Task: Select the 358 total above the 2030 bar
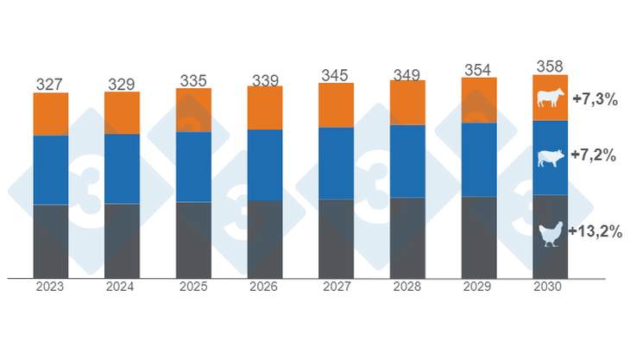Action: (x=550, y=66)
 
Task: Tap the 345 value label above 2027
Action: (x=336, y=75)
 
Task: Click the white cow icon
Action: (x=549, y=98)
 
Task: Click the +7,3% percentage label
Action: (x=595, y=99)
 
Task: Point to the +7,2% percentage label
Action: (x=595, y=156)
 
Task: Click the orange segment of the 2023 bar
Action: (x=51, y=113)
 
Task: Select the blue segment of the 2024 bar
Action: (x=122, y=168)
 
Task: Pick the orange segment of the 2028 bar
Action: (x=407, y=103)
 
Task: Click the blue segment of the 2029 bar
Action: (x=479, y=159)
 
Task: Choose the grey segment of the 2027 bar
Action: (x=336, y=238)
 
